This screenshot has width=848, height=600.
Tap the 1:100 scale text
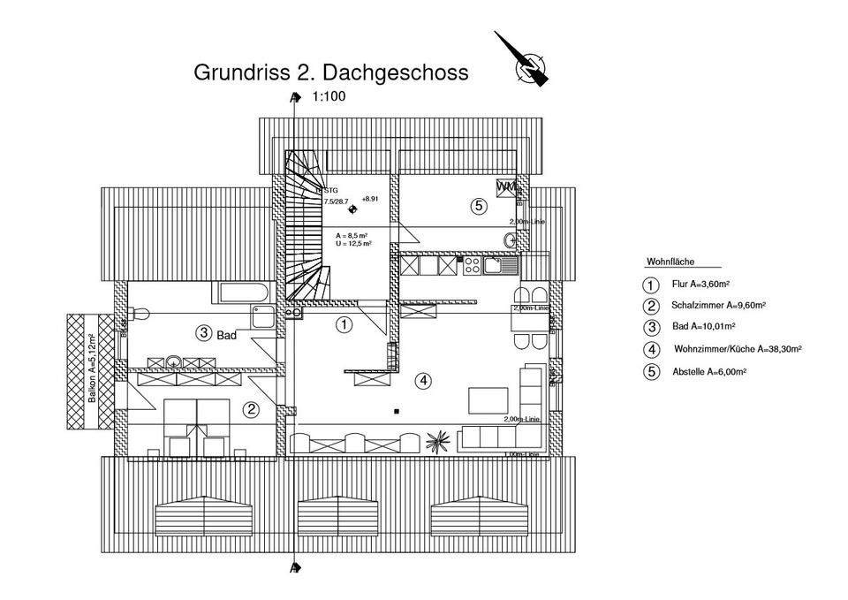pos(329,98)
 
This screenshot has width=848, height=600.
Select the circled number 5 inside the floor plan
pos(478,207)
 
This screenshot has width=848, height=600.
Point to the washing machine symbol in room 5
pos(506,188)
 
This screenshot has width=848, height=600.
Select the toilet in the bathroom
pos(139,313)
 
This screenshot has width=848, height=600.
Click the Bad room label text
pos(226,335)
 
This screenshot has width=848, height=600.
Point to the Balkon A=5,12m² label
pos(92,369)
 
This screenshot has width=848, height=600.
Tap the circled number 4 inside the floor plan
pos(425,381)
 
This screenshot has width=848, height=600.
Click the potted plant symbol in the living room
pos(436,437)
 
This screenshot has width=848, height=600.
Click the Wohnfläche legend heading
pos(670,262)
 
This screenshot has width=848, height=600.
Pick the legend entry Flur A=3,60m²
pos(700,285)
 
